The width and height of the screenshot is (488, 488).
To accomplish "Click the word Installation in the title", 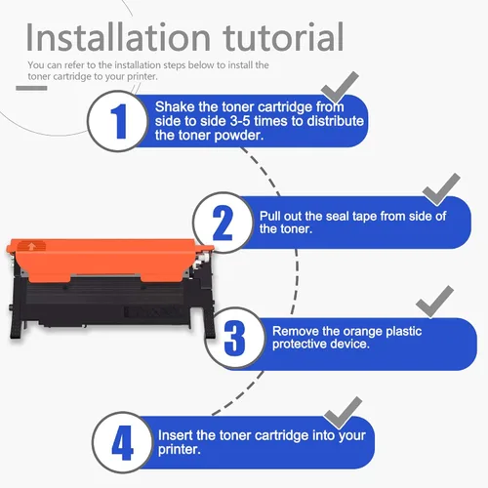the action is [118, 37].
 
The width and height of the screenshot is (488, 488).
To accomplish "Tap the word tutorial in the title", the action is [283, 37].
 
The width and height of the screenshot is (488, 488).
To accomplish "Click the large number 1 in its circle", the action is [119, 121].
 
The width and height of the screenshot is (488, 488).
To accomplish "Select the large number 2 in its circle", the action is [223, 223].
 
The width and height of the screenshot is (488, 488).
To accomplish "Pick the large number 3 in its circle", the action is [234, 338].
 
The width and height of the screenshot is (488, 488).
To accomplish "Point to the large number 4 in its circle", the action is [122, 442].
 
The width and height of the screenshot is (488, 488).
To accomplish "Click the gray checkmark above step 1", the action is [340, 87].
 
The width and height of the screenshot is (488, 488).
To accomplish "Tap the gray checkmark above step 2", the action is [441, 189].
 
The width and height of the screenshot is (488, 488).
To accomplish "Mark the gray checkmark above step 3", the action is [434, 302].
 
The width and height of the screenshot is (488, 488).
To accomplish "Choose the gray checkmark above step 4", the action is [343, 413].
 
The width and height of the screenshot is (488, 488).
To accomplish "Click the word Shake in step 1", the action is [175, 106].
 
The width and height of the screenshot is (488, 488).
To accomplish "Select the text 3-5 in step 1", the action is [240, 121].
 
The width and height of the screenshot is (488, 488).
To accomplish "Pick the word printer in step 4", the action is [179, 450].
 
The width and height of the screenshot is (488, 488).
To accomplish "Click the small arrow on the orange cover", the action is [31, 247].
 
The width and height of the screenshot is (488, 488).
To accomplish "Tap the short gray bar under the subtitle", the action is [31, 88].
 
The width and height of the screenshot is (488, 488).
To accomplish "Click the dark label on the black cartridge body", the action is [150, 311].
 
